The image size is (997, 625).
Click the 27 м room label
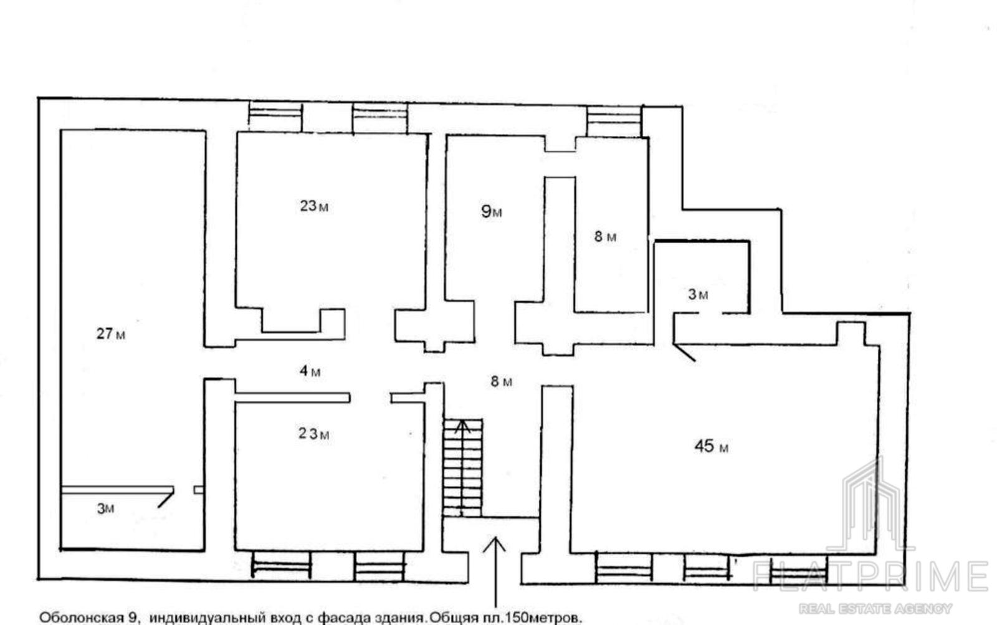[x=111, y=333]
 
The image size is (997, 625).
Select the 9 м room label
[x=492, y=211]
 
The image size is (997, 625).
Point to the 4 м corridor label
[x=310, y=370]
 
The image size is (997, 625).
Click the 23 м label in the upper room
[x=314, y=206]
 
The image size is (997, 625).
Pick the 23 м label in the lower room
[x=314, y=433]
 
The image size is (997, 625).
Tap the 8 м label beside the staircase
[x=502, y=381]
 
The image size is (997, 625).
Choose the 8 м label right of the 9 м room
[x=605, y=236]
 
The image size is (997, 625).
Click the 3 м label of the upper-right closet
[x=698, y=293]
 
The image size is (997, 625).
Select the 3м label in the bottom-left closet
[x=105, y=508]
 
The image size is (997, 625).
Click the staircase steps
[x=463, y=468]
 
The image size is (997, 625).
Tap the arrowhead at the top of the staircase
[x=462, y=426]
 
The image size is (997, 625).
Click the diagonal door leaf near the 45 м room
[x=684, y=352]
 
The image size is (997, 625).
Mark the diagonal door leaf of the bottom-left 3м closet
[x=166, y=498]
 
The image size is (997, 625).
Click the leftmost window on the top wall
[x=275, y=117]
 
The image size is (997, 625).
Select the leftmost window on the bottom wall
[x=281, y=565]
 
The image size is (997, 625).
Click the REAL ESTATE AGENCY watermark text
[x=875, y=608]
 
